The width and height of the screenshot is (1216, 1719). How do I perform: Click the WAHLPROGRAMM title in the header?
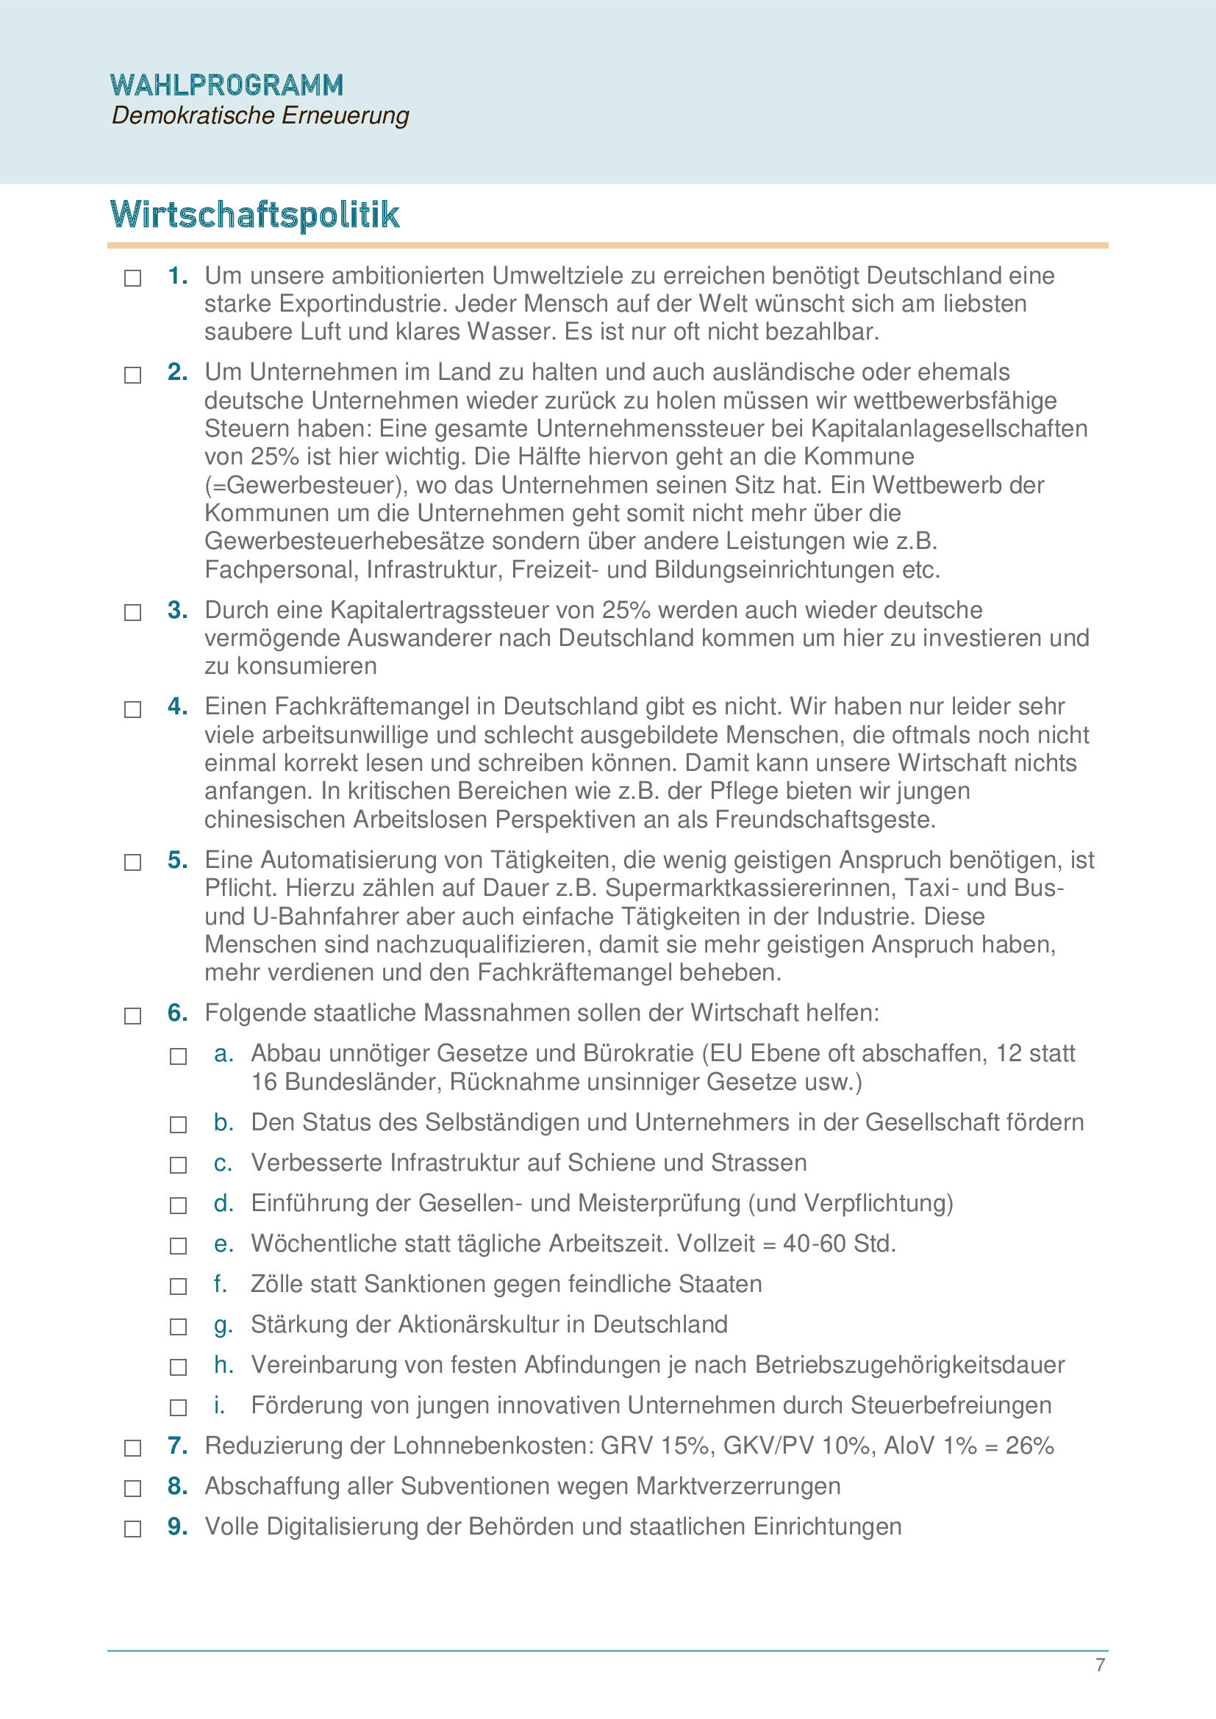(x=226, y=85)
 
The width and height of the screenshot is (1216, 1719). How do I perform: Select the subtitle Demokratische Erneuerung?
(x=260, y=115)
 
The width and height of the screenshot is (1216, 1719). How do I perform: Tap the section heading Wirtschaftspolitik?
(x=254, y=215)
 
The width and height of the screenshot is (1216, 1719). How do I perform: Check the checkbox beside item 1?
(x=132, y=279)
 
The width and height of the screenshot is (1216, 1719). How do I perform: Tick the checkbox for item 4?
(x=132, y=709)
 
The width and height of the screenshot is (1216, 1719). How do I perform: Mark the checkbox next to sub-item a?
(x=178, y=1056)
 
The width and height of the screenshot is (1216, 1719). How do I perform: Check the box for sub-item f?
(x=178, y=1286)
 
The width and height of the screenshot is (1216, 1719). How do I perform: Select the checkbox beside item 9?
(x=132, y=1529)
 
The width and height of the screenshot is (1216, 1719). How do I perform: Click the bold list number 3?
(x=176, y=610)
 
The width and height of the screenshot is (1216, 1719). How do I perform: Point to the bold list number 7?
(x=176, y=1446)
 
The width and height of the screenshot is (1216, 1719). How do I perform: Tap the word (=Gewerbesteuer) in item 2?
(x=307, y=485)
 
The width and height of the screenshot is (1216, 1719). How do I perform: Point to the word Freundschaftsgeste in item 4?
(x=825, y=820)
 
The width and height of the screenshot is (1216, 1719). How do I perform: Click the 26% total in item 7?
(x=1029, y=1446)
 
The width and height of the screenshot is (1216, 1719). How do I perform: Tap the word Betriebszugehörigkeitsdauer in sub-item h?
(x=909, y=1365)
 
